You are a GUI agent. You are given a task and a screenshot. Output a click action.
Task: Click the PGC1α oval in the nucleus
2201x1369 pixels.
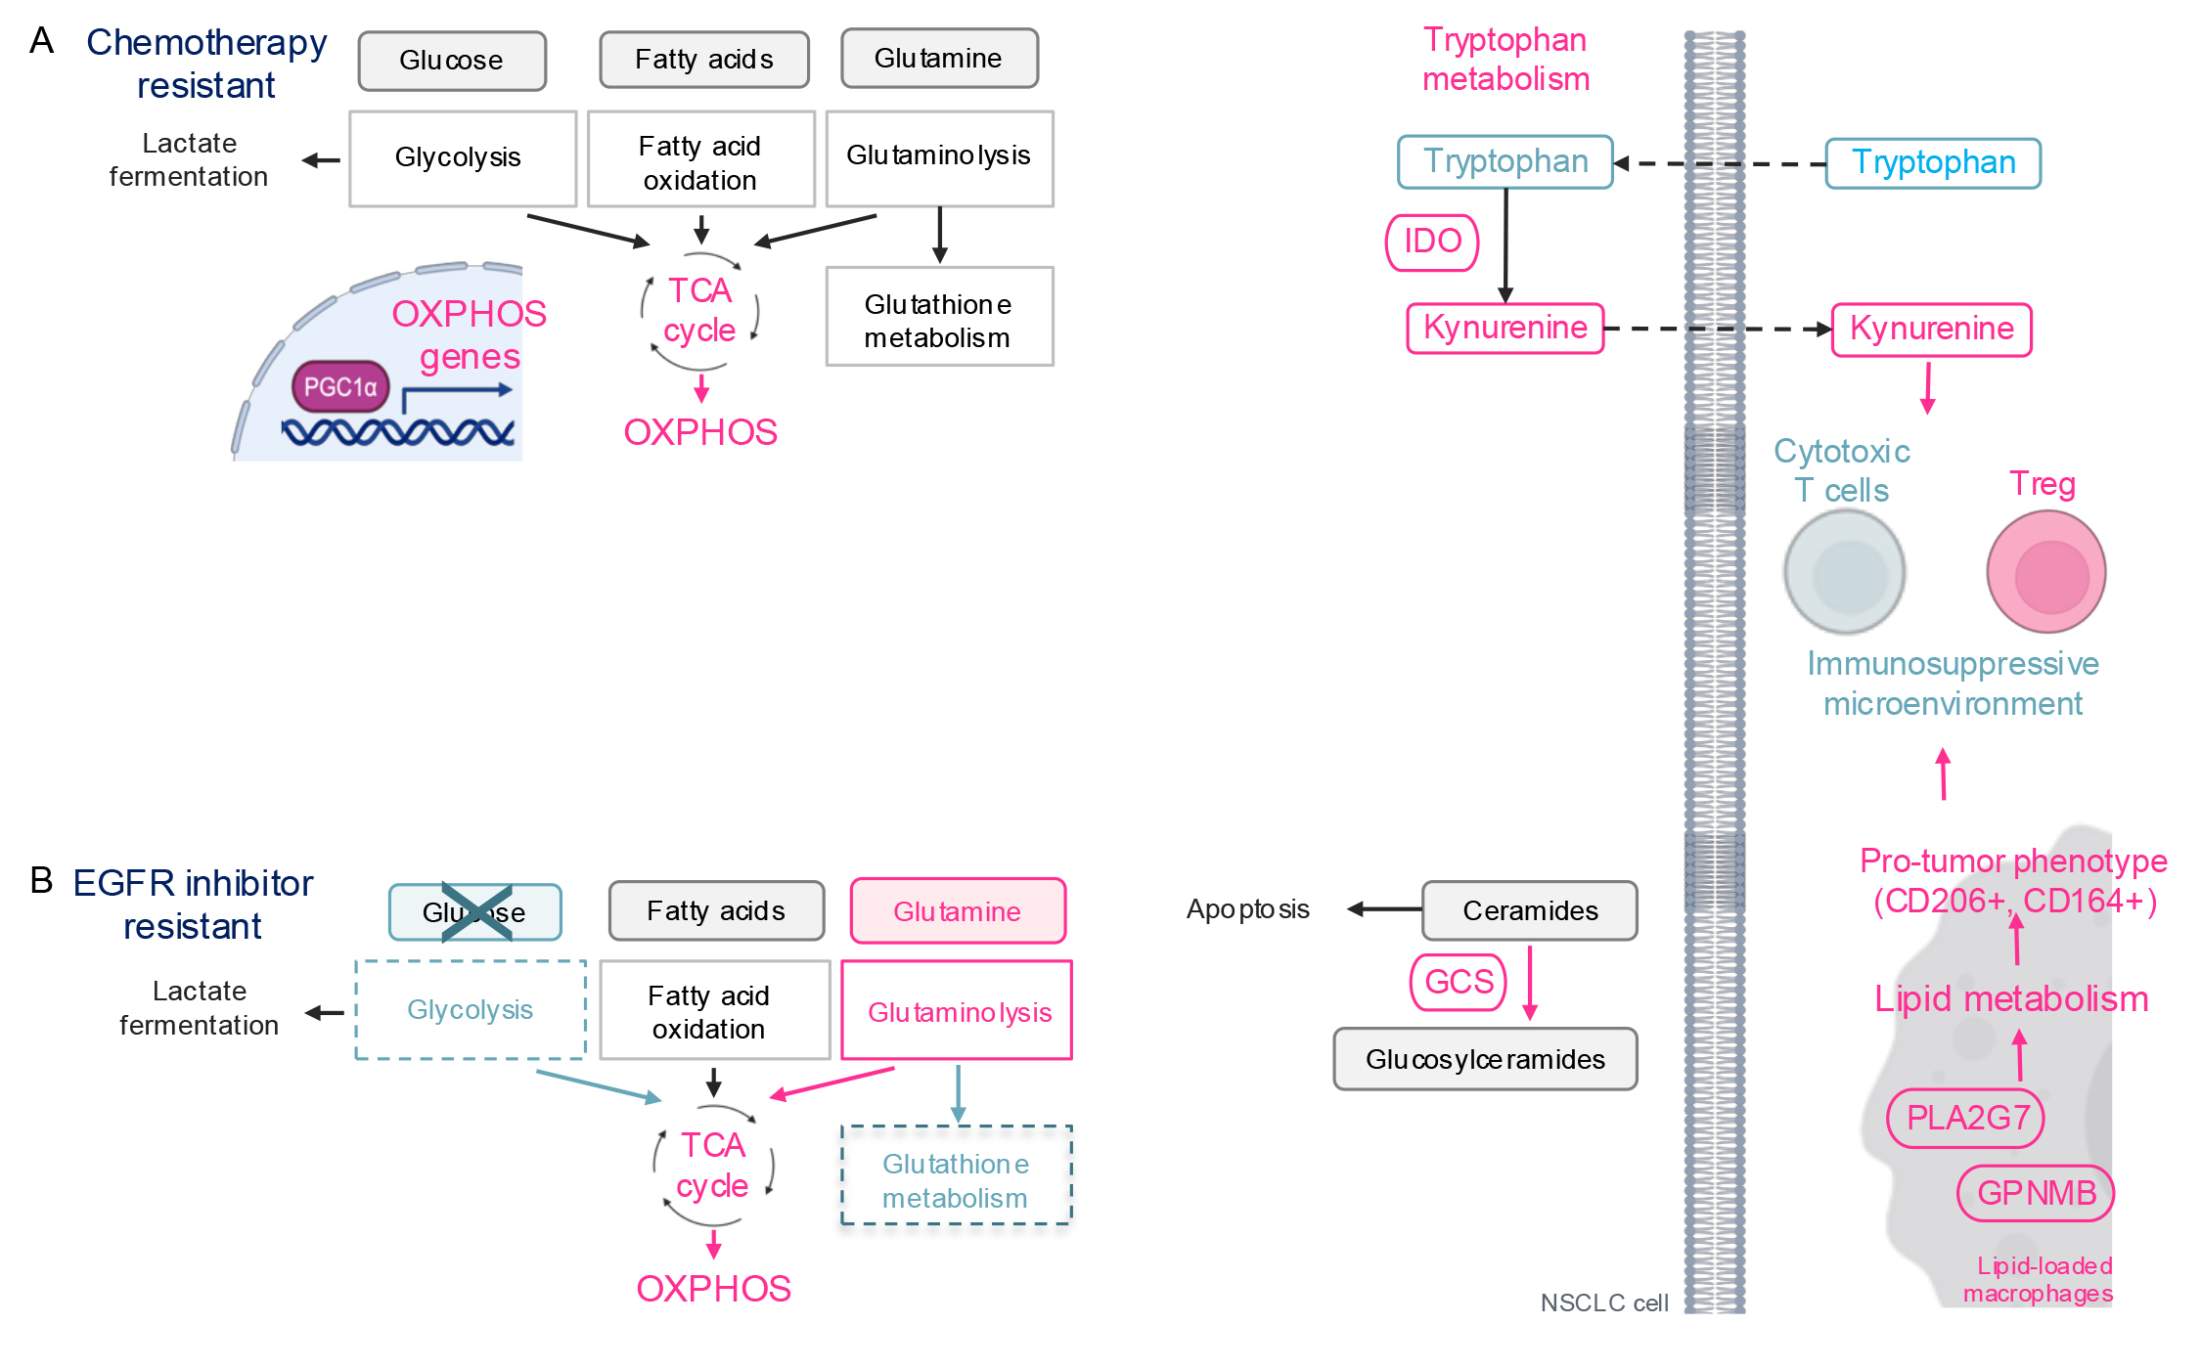pyautogui.click(x=339, y=386)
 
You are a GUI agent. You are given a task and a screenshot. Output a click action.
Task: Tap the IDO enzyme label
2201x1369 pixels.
pyautogui.click(x=1432, y=242)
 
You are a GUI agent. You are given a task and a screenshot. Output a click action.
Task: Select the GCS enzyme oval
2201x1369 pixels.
pyautogui.click(x=1458, y=981)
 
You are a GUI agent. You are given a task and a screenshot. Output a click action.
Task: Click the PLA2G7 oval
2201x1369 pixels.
pyautogui.click(x=1966, y=1118)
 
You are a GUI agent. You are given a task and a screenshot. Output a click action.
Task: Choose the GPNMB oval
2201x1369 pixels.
pyautogui.click(x=2036, y=1193)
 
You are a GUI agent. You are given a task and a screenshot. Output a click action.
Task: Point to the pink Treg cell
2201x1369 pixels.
pyautogui.click(x=2046, y=573)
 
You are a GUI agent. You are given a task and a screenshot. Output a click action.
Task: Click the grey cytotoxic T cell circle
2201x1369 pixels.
pyautogui.click(x=1845, y=573)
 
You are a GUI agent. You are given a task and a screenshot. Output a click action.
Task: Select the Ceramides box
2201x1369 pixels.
pyautogui.click(x=1529, y=910)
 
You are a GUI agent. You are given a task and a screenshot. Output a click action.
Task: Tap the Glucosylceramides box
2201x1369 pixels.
pyautogui.click(x=1485, y=1059)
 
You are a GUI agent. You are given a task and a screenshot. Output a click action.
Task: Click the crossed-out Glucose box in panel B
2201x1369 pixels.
pyautogui.click(x=474, y=912)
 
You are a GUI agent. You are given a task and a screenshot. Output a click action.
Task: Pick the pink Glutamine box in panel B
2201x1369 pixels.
pyautogui.click(x=958, y=911)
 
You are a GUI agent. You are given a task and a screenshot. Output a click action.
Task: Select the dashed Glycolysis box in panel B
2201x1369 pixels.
pyautogui.click(x=471, y=1010)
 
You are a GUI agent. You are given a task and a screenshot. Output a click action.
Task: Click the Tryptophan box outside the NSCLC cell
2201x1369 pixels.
pyautogui.click(x=1933, y=163)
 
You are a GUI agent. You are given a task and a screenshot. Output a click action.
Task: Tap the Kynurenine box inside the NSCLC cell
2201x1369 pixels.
pyautogui.click(x=1505, y=329)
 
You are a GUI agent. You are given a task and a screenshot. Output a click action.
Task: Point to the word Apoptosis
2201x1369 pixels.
pyautogui.click(x=1247, y=909)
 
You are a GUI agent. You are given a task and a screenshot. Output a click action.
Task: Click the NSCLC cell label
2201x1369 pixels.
pyautogui.click(x=1603, y=1303)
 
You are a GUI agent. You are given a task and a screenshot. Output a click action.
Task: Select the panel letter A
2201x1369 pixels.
pyautogui.click(x=42, y=41)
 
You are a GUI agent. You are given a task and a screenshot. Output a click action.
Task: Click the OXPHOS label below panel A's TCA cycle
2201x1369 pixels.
pyautogui.click(x=700, y=432)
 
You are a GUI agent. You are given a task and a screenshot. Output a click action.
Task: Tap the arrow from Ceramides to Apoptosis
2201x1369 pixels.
pyautogui.click(x=1384, y=909)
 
